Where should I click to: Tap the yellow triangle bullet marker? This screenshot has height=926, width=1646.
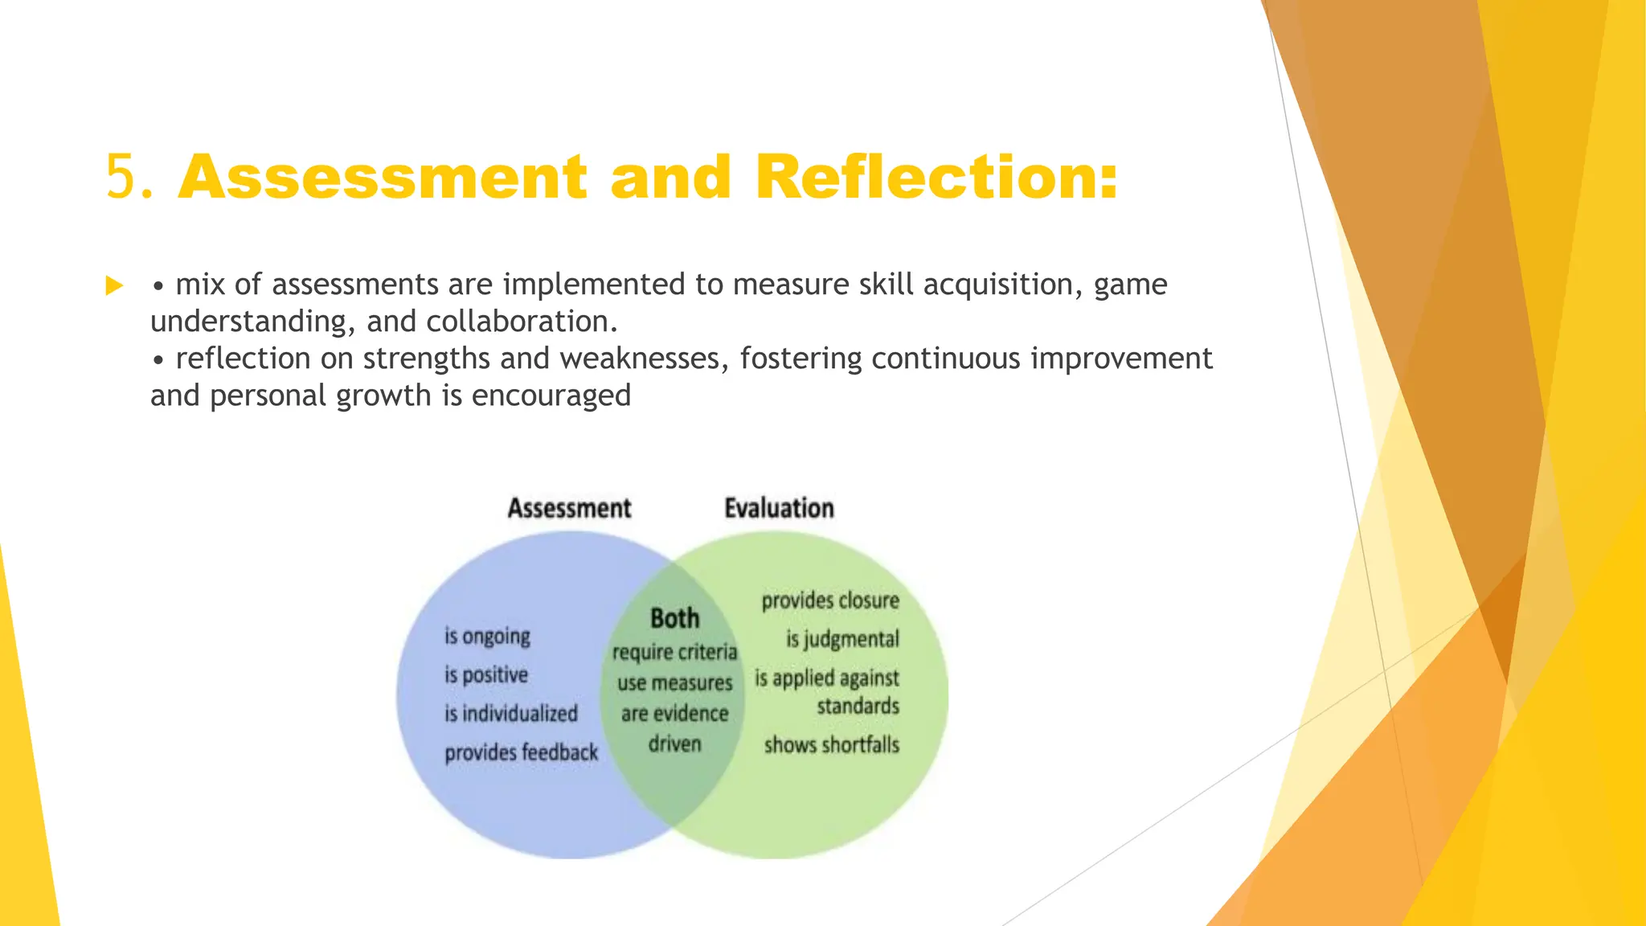[114, 286]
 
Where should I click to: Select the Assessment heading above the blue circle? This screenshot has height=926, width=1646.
[569, 508]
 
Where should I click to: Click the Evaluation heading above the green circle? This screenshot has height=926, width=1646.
[779, 508]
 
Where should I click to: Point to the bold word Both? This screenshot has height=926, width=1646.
[674, 618]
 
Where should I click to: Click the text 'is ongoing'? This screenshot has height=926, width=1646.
[487, 636]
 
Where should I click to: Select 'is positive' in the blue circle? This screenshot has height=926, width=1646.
[486, 674]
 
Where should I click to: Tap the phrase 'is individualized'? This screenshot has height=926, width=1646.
[511, 713]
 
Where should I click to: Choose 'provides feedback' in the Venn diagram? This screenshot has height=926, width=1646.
[521, 752]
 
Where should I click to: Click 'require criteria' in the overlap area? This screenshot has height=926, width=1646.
[674, 651]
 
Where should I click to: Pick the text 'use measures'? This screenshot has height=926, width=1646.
[674, 683]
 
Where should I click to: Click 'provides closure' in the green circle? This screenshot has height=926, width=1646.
[830, 600]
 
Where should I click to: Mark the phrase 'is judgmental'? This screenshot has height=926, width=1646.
[842, 639]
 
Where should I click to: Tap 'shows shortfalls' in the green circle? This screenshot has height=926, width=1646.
[831, 744]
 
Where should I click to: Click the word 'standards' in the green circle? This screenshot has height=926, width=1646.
[858, 706]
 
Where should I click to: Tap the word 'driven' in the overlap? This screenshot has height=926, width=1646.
[674, 744]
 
